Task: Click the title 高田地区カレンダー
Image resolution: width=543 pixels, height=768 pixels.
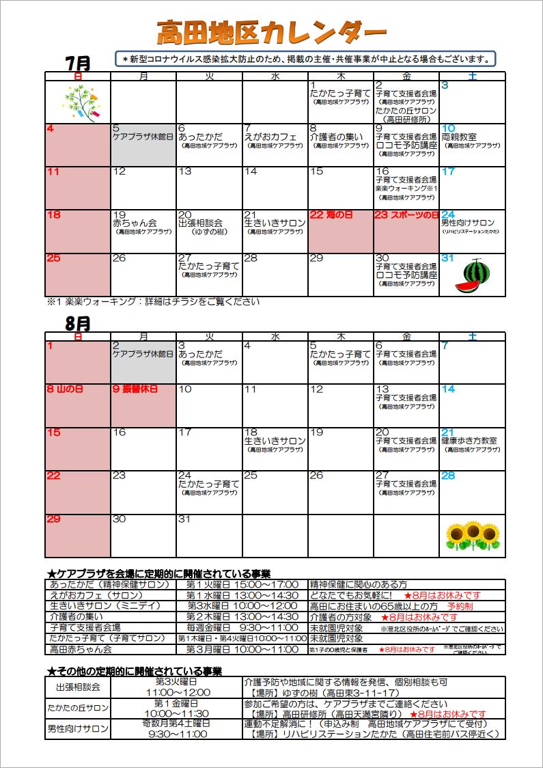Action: point(271,31)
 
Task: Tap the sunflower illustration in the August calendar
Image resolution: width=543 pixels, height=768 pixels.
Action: point(471,536)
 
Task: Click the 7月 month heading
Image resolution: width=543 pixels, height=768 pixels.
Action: point(78,62)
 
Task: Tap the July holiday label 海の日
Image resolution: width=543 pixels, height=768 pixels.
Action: point(340,215)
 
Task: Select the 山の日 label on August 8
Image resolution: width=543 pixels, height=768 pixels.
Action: point(70,389)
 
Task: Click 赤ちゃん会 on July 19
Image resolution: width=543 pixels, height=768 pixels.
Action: point(135,223)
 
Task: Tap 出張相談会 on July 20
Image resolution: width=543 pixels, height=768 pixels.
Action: point(200,223)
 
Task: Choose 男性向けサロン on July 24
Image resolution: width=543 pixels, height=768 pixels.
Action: point(468,223)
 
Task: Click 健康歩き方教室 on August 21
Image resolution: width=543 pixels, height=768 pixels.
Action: point(469,441)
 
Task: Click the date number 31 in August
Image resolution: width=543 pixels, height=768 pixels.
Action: point(185,519)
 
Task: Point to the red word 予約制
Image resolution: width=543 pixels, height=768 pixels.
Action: point(460,606)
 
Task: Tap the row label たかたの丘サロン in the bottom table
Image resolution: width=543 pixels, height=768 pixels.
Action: point(77,708)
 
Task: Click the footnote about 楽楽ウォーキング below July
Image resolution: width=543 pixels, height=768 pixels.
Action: point(153,301)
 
